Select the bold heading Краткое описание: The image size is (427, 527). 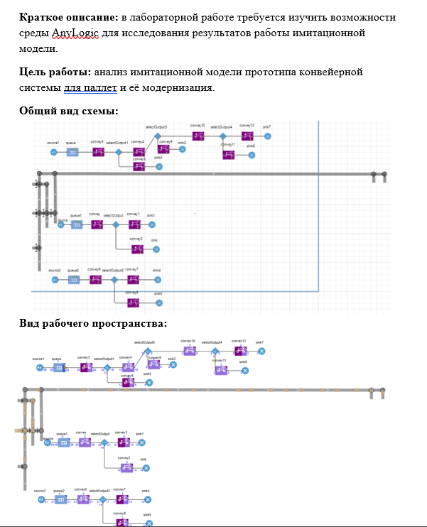point(68,16)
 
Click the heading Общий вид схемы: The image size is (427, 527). point(68,111)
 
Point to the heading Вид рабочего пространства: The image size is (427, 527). point(92,324)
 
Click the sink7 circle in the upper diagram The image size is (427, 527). point(267,135)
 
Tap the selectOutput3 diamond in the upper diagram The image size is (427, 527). point(158,135)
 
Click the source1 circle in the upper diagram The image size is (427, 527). point(53,151)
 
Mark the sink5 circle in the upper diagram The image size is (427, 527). point(157,303)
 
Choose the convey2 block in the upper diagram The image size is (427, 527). point(136,249)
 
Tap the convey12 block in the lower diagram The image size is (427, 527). point(239,351)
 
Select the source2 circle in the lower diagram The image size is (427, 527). point(39,499)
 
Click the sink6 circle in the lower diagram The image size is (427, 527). point(244,371)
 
